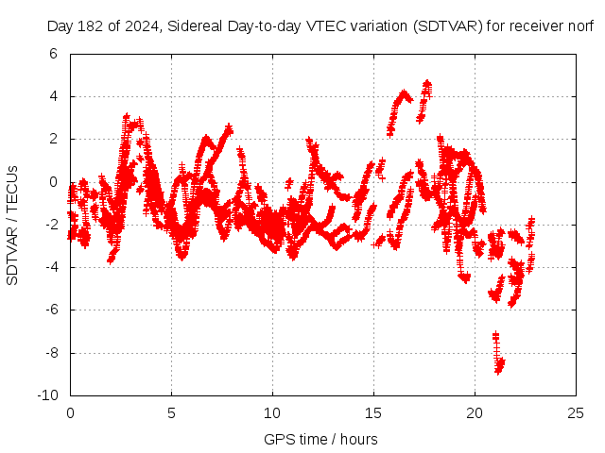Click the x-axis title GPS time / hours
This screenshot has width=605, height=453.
click(320, 439)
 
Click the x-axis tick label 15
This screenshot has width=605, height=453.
click(373, 412)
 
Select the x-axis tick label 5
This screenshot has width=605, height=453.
click(171, 412)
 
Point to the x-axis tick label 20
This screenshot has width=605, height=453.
click(475, 412)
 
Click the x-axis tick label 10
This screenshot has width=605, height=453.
click(272, 412)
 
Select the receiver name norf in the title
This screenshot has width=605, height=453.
click(579, 26)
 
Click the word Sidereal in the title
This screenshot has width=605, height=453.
click(199, 26)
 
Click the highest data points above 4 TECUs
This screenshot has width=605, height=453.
click(426, 87)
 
